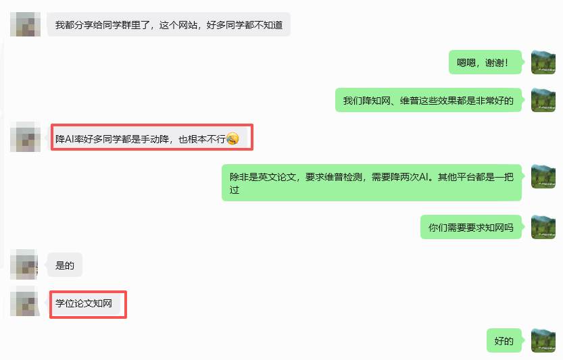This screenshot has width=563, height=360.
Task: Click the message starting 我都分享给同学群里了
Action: [168, 25]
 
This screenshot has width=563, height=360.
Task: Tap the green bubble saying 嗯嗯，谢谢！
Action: [485, 62]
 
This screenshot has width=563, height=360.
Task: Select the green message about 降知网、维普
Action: [429, 101]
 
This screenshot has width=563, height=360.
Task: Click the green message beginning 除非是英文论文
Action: [372, 182]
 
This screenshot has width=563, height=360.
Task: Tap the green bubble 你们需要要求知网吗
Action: [471, 227]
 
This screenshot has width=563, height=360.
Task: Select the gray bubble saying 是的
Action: [65, 265]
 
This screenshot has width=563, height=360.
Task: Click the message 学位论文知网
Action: [84, 303]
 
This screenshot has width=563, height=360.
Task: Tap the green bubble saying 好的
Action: [504, 341]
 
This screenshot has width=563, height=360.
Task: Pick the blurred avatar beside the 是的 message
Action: [24, 264]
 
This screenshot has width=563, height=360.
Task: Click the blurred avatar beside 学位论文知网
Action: [24, 302]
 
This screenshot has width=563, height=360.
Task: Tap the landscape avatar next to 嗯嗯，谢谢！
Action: [543, 62]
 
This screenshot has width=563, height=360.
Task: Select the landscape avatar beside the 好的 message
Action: [543, 341]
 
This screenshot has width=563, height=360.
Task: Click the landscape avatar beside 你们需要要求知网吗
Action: [543, 227]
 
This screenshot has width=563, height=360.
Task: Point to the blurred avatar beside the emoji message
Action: [24, 138]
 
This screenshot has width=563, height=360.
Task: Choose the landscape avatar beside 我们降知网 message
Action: [543, 101]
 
